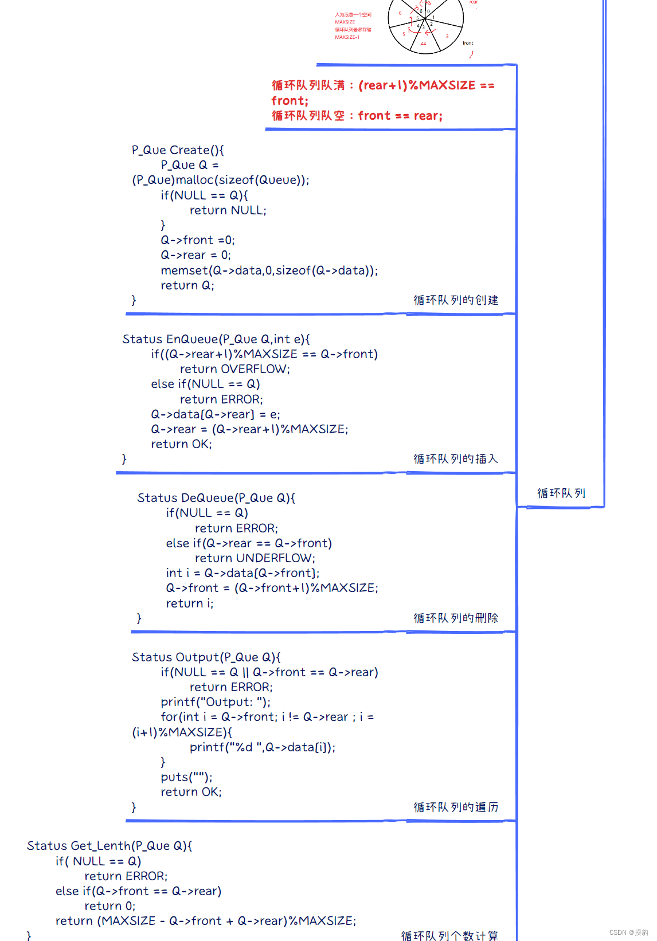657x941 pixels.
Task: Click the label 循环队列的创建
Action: [456, 300]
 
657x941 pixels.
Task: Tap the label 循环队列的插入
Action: [456, 459]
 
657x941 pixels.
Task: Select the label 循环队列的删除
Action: [456, 618]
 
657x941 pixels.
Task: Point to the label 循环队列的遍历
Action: [456, 807]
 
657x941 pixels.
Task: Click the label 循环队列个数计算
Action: [449, 935]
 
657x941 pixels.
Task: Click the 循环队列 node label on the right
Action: [561, 493]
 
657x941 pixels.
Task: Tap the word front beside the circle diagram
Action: [468, 43]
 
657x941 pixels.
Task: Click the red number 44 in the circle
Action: [423, 44]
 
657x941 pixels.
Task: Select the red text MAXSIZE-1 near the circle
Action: [347, 37]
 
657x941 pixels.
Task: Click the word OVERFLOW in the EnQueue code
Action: [254, 369]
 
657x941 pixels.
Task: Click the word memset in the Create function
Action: [184, 270]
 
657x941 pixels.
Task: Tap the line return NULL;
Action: [228, 210]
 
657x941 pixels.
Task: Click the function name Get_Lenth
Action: [100, 846]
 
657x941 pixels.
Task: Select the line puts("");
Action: [186, 777]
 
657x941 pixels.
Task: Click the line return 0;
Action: [109, 906]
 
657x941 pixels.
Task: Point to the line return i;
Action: [189, 603]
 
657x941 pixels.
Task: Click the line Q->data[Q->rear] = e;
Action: [215, 414]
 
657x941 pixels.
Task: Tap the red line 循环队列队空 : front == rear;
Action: [357, 116]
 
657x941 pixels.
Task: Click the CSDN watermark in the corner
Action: [628, 932]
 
